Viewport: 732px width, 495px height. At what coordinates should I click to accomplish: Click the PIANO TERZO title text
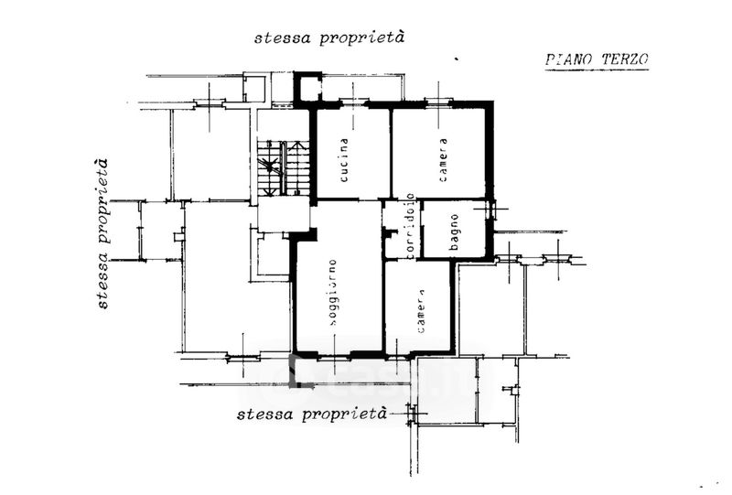tap(597, 59)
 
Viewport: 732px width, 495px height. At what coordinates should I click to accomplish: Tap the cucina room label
tap(344, 160)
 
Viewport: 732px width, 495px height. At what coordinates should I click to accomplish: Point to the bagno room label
tap(454, 232)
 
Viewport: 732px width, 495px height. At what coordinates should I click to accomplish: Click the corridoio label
tap(410, 227)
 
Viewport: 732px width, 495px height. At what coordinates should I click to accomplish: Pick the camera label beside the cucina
tap(443, 160)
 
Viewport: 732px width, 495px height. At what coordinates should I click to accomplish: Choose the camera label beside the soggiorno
tap(421, 311)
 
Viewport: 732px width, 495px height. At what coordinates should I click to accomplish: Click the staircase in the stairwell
tap(284, 167)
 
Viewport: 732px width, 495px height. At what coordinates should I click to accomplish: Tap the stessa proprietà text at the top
tap(329, 38)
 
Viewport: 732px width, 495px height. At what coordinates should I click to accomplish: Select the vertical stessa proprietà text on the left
tap(102, 233)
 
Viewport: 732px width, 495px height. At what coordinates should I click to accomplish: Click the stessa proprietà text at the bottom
tap(312, 414)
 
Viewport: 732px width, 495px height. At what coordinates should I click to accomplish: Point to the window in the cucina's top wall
tap(353, 102)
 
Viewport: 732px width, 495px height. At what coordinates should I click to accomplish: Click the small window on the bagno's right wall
tap(490, 209)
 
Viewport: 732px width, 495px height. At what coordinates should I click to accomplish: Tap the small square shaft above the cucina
tap(307, 87)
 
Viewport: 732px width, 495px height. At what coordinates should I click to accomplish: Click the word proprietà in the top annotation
tap(361, 38)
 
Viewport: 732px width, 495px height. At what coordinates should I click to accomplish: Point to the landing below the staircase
tap(284, 214)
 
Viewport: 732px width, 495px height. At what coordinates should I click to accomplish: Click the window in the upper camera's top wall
tap(438, 102)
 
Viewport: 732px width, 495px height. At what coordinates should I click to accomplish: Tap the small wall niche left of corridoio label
tap(388, 231)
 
